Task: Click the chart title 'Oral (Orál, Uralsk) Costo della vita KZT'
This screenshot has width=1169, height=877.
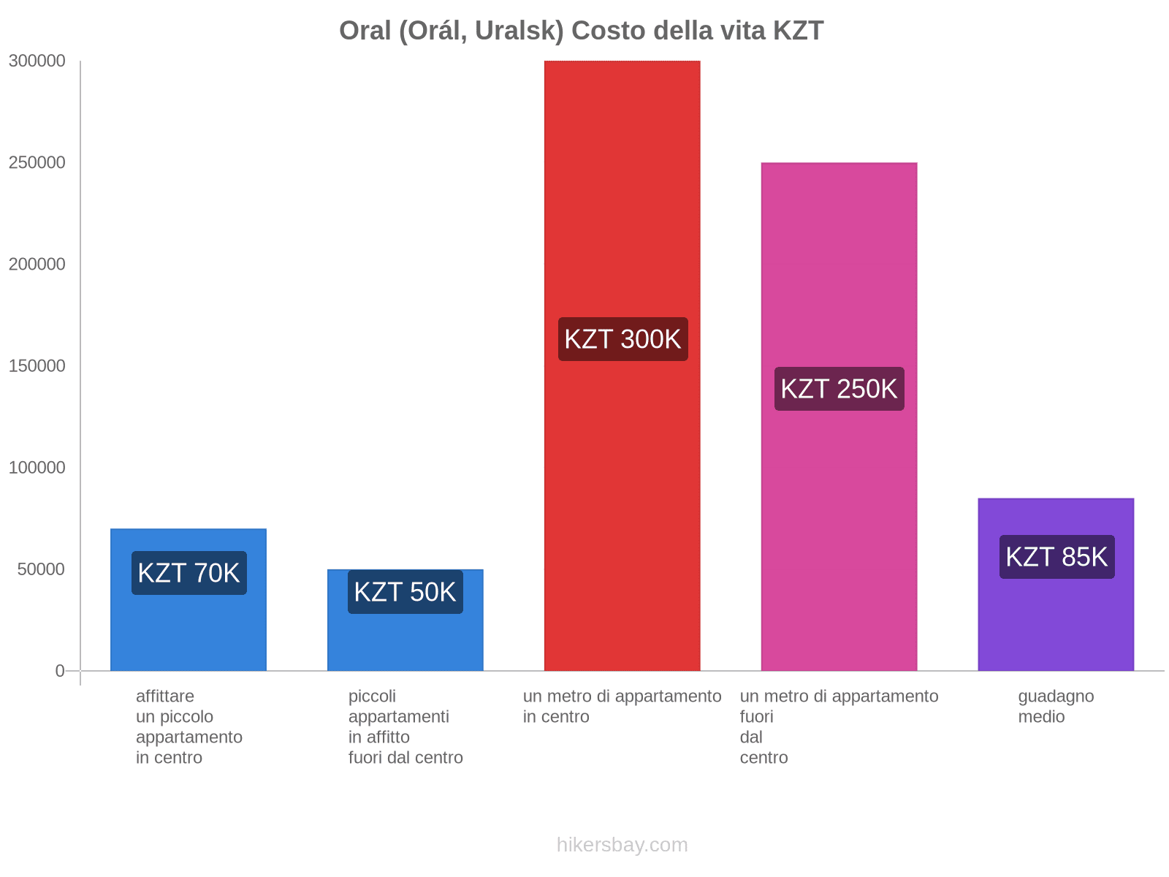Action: pyautogui.click(x=581, y=31)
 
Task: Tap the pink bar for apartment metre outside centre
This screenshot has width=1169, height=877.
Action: pyautogui.click(x=839, y=512)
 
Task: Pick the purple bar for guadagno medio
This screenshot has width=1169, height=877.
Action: pyautogui.click(x=1056, y=621)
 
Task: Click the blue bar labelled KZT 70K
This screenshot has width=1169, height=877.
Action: pyautogui.click(x=188, y=629)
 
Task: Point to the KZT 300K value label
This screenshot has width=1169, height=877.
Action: pyautogui.click(x=622, y=339)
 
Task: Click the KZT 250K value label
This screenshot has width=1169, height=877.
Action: pyautogui.click(x=839, y=389)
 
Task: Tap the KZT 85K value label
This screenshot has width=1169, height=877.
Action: pyautogui.click(x=1056, y=557)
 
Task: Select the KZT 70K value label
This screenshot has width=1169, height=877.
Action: pyautogui.click(x=189, y=573)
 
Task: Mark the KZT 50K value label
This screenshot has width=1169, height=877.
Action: pyautogui.click(x=405, y=592)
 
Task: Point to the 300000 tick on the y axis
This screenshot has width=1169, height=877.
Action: pyautogui.click(x=37, y=61)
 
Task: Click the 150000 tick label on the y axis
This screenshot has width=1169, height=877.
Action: pyautogui.click(x=37, y=366)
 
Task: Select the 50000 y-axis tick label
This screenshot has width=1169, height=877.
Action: pyautogui.click(x=42, y=569)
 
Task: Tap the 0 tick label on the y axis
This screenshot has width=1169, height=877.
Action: pyautogui.click(x=60, y=671)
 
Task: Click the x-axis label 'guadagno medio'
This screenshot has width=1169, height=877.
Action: pyautogui.click(x=1056, y=706)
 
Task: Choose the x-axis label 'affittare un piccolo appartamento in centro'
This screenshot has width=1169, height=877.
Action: pyautogui.click(x=189, y=726)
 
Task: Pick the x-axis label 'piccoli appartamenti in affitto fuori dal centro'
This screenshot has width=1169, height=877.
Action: pyautogui.click(x=405, y=726)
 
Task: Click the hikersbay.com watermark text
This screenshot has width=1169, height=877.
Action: pyautogui.click(x=622, y=845)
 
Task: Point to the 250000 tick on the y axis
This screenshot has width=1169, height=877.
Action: pyautogui.click(x=37, y=163)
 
